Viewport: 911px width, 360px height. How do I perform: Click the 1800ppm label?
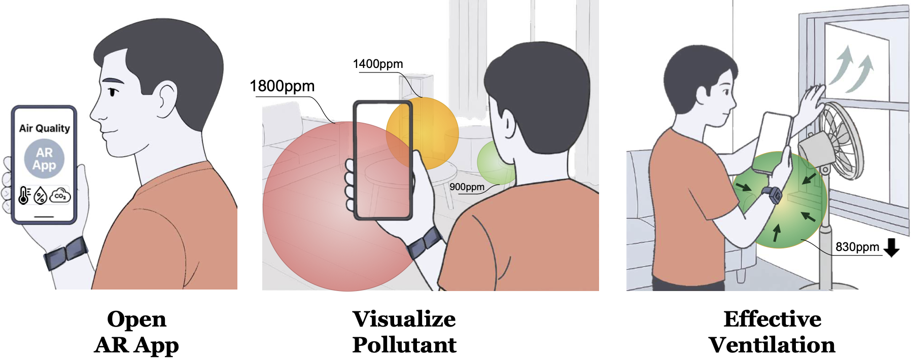[x=282, y=87]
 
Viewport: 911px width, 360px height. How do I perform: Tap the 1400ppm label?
[x=378, y=64]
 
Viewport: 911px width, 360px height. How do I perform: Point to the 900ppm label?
[x=467, y=187]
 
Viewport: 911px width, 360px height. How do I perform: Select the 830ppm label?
[x=857, y=247]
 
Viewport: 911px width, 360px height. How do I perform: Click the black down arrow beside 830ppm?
[x=891, y=247]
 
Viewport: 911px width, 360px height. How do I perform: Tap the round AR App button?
[x=45, y=159]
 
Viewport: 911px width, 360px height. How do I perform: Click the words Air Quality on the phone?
[x=45, y=128]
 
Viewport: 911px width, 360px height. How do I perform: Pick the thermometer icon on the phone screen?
[x=24, y=195]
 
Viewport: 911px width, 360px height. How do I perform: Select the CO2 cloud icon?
[x=60, y=195]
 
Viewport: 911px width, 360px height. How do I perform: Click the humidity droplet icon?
[x=40, y=196]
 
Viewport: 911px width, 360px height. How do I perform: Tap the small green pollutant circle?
[x=496, y=162]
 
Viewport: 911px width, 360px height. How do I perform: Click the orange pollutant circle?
[x=423, y=133]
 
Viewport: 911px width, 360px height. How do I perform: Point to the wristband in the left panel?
[x=65, y=253]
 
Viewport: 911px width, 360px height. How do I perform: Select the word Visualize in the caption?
[x=404, y=319]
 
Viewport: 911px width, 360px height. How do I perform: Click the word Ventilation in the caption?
[x=772, y=345]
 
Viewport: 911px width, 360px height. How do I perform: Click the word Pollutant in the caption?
[x=404, y=345]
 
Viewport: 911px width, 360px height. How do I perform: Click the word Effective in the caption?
[x=772, y=319]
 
